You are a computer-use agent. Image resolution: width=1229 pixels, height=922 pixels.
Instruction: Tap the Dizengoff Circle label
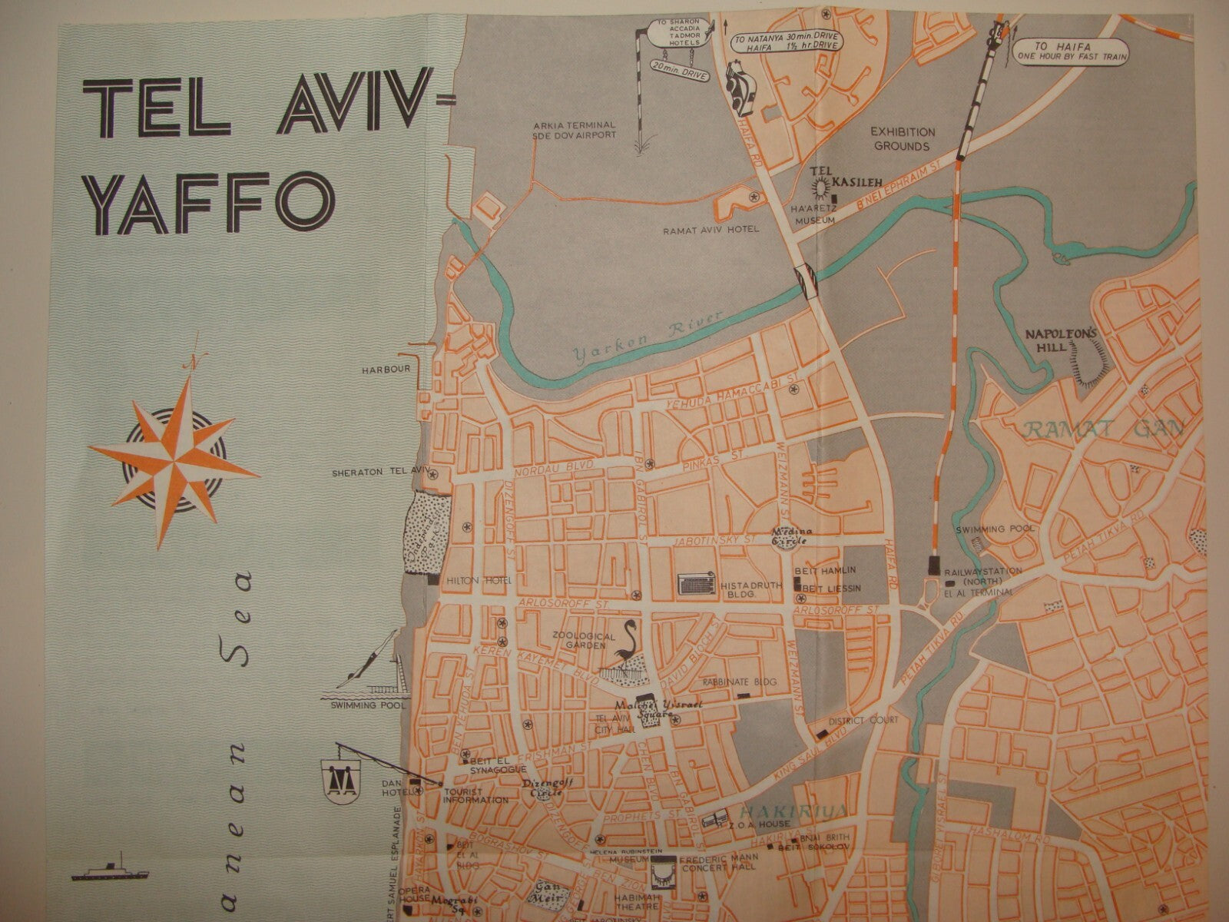tap(542, 788)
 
